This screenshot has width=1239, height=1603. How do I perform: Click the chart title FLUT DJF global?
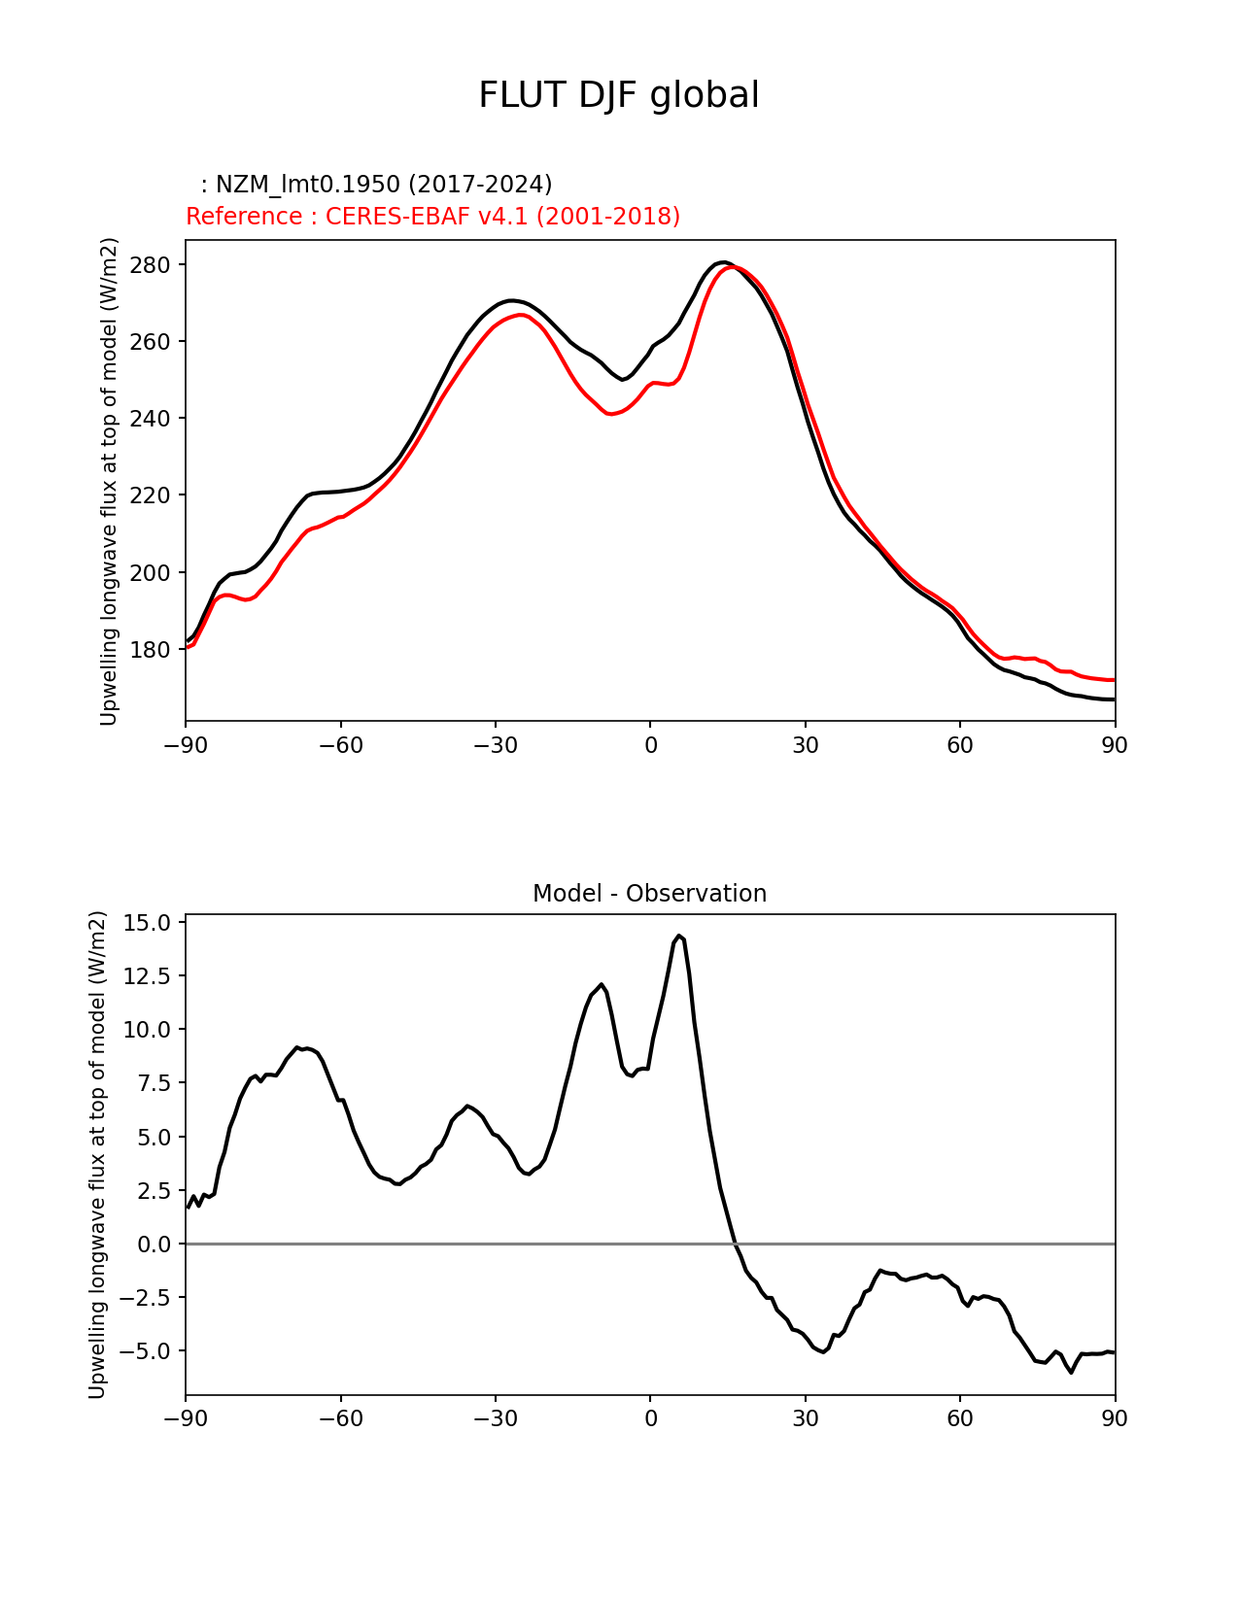[618, 95]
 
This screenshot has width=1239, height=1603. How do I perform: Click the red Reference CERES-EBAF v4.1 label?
[432, 217]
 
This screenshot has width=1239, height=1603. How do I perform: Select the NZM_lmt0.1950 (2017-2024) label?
[376, 185]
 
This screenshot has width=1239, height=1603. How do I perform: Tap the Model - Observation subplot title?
[649, 894]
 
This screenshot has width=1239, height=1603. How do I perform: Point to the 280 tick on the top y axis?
[151, 265]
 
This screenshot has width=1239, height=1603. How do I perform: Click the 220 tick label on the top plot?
[151, 495]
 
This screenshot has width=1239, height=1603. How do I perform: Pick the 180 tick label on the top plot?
[151, 650]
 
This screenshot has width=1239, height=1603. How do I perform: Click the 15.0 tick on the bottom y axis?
[146, 922]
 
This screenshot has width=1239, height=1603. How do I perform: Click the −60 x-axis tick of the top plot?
[341, 745]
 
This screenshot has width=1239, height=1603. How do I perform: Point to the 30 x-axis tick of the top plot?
[806, 745]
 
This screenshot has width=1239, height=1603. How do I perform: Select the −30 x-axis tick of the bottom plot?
[496, 1419]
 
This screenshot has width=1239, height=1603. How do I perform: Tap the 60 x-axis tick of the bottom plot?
[960, 1419]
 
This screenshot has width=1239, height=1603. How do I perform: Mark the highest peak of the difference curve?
[679, 936]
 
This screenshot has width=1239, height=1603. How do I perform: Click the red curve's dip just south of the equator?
[610, 414]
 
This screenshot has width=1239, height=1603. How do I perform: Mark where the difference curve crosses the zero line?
[736, 1244]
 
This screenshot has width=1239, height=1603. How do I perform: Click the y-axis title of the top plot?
[109, 481]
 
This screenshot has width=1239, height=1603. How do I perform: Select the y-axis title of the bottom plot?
[97, 1154]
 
